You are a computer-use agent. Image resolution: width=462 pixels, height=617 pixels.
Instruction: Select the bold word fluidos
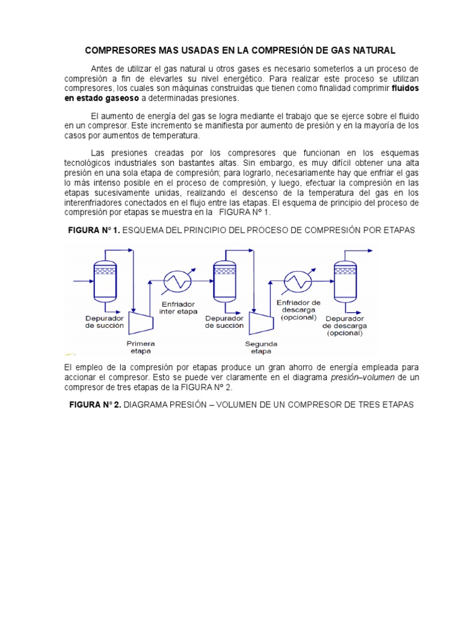pyautogui.click(x=405, y=88)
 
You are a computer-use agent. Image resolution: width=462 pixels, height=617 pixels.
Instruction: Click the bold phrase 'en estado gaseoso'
pyautogui.click(x=101, y=98)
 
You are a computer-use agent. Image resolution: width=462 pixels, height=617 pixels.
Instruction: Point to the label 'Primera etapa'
pyautogui.click(x=140, y=346)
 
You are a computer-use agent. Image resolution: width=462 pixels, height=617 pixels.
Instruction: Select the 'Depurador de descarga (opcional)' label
pyautogui.click(x=345, y=325)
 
